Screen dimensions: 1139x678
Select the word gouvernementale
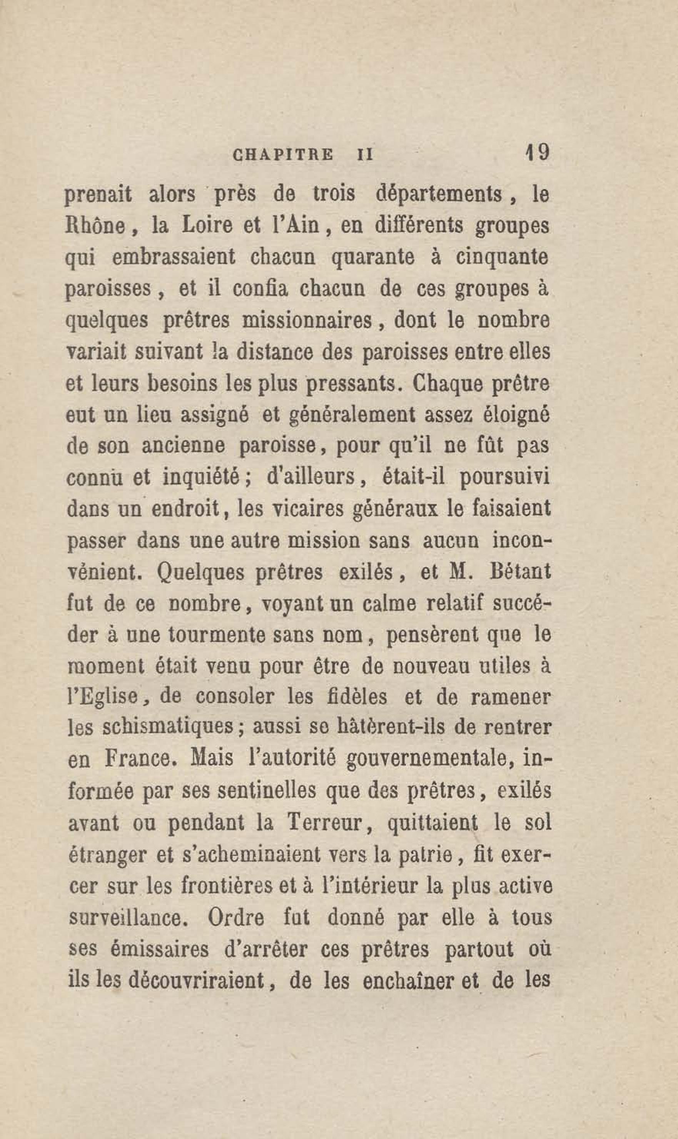pos(427,762)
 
